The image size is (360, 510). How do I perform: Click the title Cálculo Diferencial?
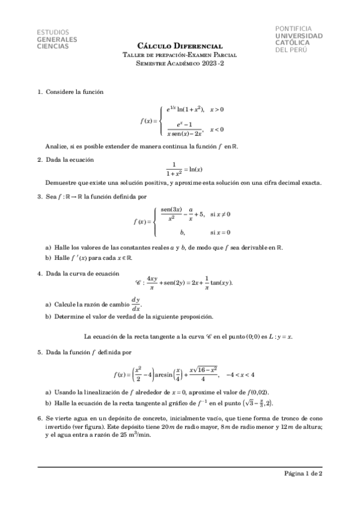point(180,46)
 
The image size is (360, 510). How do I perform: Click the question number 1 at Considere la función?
point(40,92)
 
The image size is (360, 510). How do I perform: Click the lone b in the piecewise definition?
point(182,232)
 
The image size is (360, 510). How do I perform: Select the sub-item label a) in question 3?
point(48,247)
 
